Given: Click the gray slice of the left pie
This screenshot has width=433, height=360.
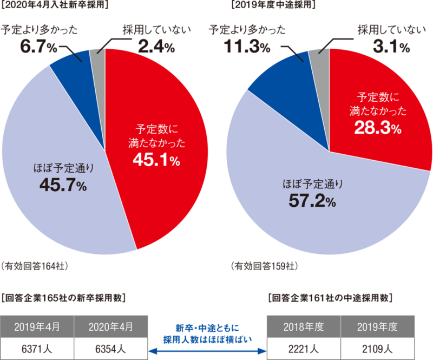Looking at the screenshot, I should [98, 56].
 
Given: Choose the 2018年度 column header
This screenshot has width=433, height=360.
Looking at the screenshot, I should [304, 326].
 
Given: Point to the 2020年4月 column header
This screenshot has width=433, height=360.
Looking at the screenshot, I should [110, 326].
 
